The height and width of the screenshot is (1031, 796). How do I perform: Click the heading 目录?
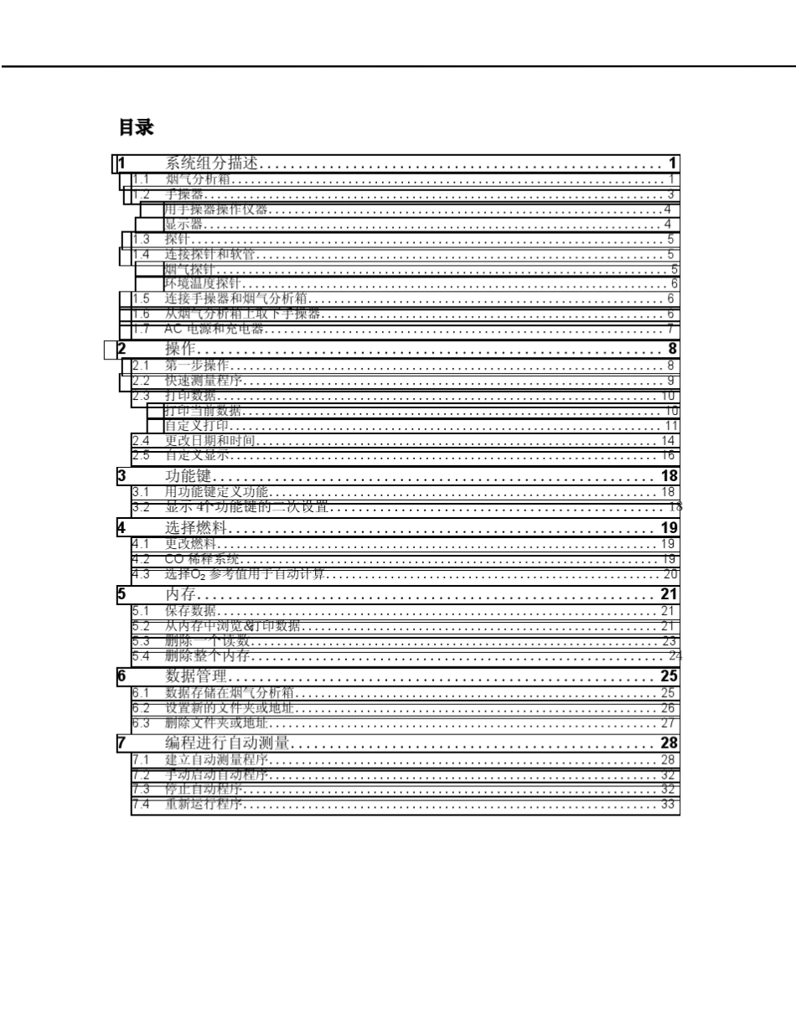click(136, 128)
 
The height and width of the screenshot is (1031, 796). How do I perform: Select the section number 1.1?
click(141, 179)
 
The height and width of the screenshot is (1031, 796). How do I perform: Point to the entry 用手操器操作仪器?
click(216, 210)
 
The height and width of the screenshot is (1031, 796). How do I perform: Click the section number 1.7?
click(141, 329)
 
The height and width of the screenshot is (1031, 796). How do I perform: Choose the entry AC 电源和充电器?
click(215, 329)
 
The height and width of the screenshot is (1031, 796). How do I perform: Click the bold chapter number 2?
click(122, 349)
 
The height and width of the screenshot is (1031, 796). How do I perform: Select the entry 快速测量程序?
click(203, 381)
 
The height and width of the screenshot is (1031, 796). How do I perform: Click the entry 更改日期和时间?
click(209, 441)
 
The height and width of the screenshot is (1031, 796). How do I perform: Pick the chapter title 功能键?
click(188, 476)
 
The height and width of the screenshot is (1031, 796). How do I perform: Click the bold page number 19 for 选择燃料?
click(669, 528)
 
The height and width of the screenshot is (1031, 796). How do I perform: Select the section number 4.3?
click(141, 575)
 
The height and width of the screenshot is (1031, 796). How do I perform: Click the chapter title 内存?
click(180, 595)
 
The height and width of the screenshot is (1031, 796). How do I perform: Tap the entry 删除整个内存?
click(207, 655)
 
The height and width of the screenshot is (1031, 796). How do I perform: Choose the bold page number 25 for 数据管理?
click(669, 676)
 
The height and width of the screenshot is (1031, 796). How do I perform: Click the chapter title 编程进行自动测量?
click(227, 743)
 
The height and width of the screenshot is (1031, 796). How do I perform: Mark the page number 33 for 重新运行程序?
click(668, 805)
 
